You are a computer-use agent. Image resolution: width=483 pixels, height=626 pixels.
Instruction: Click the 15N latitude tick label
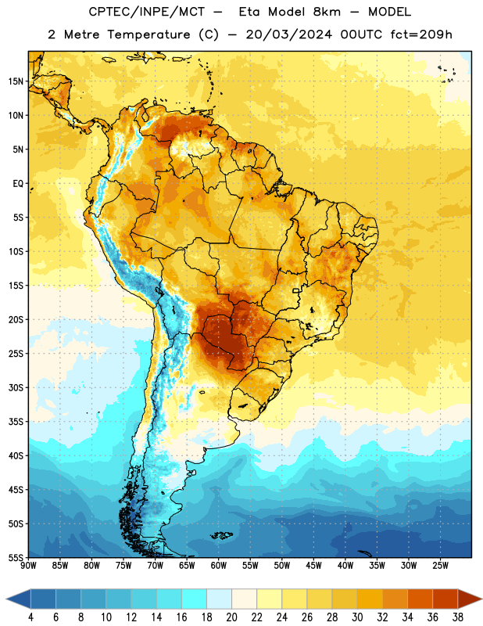pyautogui.click(x=16, y=81)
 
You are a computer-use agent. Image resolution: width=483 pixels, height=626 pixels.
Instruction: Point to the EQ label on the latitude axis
pyautogui.click(x=18, y=184)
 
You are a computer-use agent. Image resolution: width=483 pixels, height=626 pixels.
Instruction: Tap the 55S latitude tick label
pyautogui.click(x=16, y=557)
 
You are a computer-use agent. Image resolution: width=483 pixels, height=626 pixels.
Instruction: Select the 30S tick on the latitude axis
pyautogui.click(x=16, y=387)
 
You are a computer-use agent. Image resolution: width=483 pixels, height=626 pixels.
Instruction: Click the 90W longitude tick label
pyautogui.click(x=28, y=566)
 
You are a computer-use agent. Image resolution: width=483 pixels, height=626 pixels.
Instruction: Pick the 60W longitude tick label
pyautogui.click(x=219, y=566)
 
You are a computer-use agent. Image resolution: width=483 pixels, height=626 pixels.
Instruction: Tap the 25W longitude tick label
pyautogui.click(x=440, y=566)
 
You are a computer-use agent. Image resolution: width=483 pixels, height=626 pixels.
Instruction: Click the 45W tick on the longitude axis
pyautogui.click(x=313, y=566)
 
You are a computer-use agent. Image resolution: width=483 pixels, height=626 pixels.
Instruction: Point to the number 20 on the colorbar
pyautogui.click(x=231, y=617)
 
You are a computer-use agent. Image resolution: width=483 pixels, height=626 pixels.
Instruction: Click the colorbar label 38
pyautogui.click(x=458, y=617)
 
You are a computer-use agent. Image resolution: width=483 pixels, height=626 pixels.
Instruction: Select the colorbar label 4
pyautogui.click(x=30, y=617)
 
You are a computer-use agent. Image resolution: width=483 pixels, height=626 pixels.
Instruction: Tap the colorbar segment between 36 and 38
pyautogui.click(x=445, y=599)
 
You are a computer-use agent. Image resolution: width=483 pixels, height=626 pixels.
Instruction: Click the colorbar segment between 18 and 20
pyautogui.click(x=219, y=599)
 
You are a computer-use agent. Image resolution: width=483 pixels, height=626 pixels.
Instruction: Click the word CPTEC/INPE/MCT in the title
pyautogui.click(x=147, y=12)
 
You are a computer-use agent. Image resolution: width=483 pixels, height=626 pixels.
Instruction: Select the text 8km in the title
pyautogui.click(x=327, y=12)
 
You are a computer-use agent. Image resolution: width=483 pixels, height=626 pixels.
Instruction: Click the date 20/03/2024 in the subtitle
pyautogui.click(x=288, y=34)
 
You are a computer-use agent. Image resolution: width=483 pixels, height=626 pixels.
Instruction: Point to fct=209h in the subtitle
pyautogui.click(x=421, y=34)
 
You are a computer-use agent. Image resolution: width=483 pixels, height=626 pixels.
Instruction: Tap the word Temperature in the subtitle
pyautogui.click(x=148, y=35)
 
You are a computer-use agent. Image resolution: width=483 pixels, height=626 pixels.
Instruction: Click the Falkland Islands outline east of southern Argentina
pyautogui.click(x=221, y=535)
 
